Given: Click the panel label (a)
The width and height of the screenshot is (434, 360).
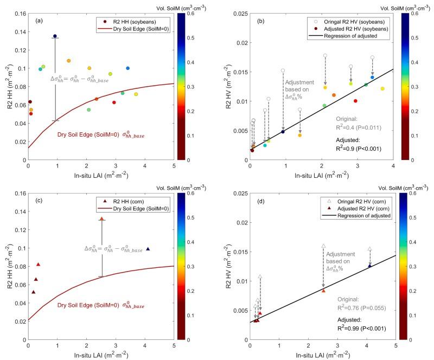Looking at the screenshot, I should point(38,21).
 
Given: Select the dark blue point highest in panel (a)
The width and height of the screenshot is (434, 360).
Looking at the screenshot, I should point(55,36).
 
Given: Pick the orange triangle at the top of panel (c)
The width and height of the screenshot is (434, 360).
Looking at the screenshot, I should point(101,218).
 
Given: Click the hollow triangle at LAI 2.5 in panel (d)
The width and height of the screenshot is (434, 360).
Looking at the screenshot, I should point(323,246).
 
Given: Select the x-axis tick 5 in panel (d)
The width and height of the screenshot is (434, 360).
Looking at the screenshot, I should point(395,345).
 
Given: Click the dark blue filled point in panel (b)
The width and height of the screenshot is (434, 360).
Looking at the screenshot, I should point(283,132).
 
